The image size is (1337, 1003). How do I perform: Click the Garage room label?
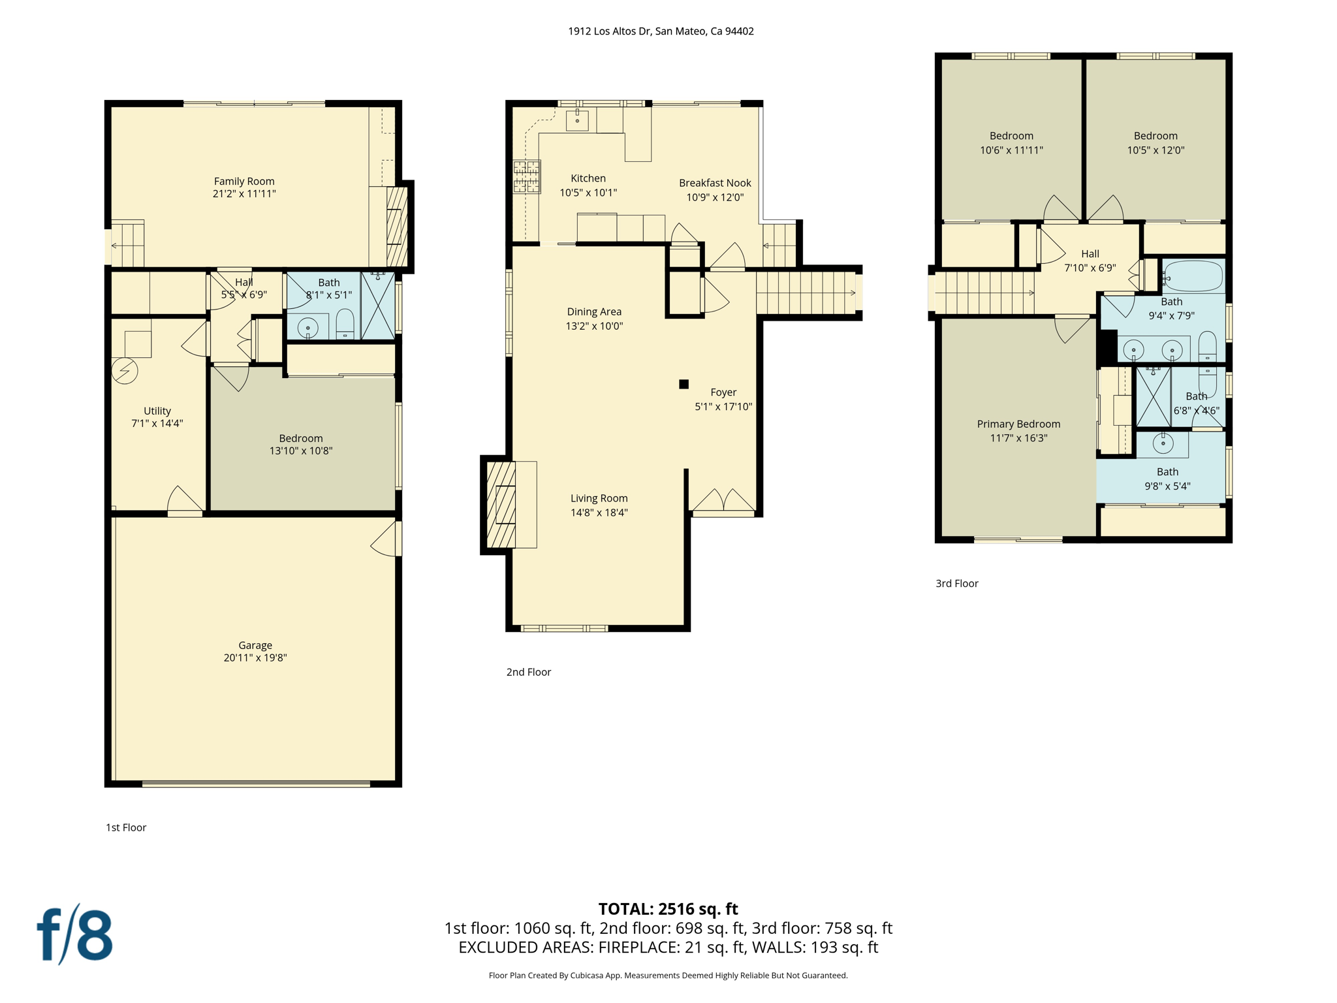[x=255, y=645]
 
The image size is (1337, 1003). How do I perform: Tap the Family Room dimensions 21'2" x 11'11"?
[x=244, y=194]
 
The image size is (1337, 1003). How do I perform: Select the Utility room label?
[x=157, y=411]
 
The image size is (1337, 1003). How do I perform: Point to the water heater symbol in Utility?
[x=125, y=371]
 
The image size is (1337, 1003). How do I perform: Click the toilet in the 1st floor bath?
[x=345, y=324]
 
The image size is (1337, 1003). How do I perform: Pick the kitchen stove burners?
[x=527, y=176]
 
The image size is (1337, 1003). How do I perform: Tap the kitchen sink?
[x=577, y=120]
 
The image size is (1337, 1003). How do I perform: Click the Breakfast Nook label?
[x=715, y=183]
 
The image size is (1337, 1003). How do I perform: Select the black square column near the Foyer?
[x=684, y=384]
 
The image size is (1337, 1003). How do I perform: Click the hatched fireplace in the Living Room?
[x=501, y=504]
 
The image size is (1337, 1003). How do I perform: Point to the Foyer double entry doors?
[x=723, y=501]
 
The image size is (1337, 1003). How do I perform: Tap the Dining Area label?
[x=594, y=311]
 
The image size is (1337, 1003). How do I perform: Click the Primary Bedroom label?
[x=1018, y=424]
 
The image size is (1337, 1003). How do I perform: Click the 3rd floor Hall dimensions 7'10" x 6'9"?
[x=1090, y=268]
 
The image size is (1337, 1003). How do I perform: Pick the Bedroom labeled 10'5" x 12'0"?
[x=1156, y=142]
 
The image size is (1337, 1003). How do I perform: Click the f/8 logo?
[x=74, y=934]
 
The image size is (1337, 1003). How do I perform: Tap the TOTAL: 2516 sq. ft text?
[x=668, y=909]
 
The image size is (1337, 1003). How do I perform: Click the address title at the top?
[x=661, y=31]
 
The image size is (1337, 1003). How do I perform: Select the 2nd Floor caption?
[x=528, y=672]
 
